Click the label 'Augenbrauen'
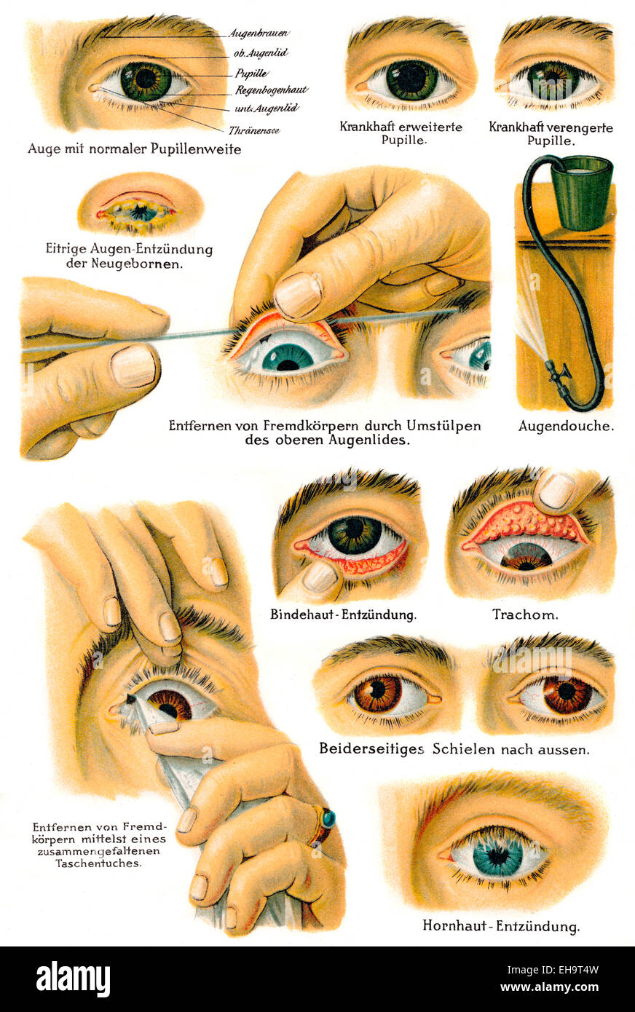(x=259, y=33)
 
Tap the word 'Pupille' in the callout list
(x=251, y=74)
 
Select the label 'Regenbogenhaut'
(x=271, y=91)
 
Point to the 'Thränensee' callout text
(x=254, y=131)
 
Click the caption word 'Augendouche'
(x=566, y=427)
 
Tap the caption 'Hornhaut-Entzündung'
(x=501, y=927)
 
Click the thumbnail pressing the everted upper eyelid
(x=299, y=295)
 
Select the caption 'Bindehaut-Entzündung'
(x=343, y=614)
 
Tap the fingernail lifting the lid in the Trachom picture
(x=556, y=491)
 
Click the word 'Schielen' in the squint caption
(x=461, y=748)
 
